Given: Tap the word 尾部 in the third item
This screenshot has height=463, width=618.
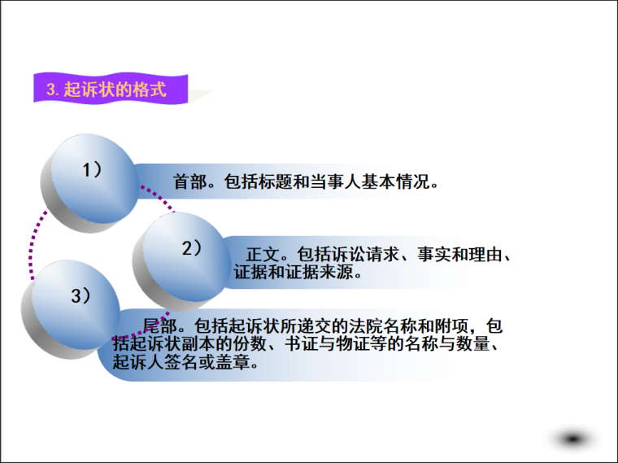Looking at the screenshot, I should tap(159, 326).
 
